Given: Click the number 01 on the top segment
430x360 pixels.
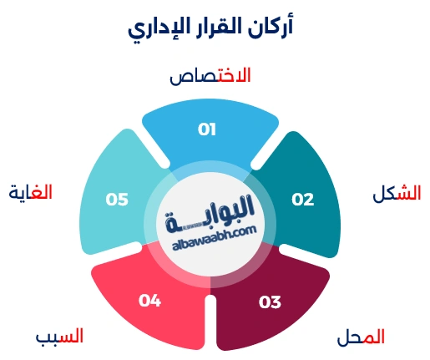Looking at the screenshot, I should coord(207,129).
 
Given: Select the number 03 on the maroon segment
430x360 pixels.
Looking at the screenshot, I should coord(270,302).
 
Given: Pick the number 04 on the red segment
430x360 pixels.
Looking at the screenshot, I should coord(149,300).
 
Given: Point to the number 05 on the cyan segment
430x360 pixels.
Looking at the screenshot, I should coord(117,200).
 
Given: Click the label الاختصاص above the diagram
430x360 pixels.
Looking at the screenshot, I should coord(210,76).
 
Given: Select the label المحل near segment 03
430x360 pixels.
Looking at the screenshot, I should coord(361,337).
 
